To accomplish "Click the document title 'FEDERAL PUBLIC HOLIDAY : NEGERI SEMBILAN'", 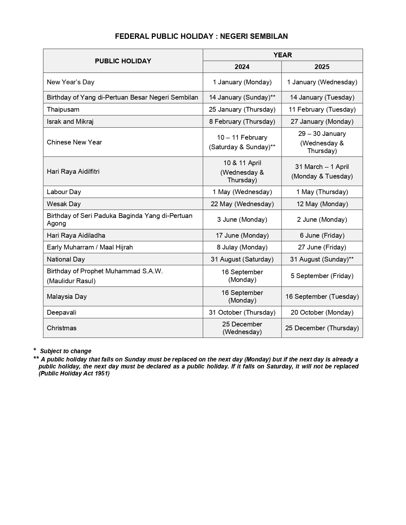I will point(201,36).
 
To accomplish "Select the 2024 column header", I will point(242,67).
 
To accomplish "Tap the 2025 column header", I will point(322,67).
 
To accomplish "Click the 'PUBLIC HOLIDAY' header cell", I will point(123,61).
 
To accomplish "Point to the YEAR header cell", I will point(282,55).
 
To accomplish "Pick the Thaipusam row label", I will point(63,109).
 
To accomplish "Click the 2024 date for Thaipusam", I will point(242,109).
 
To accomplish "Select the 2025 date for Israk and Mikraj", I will point(322,122).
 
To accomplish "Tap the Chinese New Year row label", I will point(74,142).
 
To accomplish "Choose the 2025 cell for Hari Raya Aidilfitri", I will point(322,171).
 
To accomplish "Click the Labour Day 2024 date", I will point(242,192).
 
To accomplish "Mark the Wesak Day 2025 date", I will point(322,204).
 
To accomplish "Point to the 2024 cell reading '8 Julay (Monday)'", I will point(242,247).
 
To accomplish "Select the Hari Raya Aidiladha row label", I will point(76,235).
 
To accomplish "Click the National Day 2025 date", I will point(322,259).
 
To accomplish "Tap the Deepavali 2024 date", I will point(242,312).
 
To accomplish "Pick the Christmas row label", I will point(61,328).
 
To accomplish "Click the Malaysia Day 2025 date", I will point(322,297).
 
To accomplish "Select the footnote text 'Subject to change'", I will point(66,351).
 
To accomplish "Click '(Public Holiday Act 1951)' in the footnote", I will point(74,374).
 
